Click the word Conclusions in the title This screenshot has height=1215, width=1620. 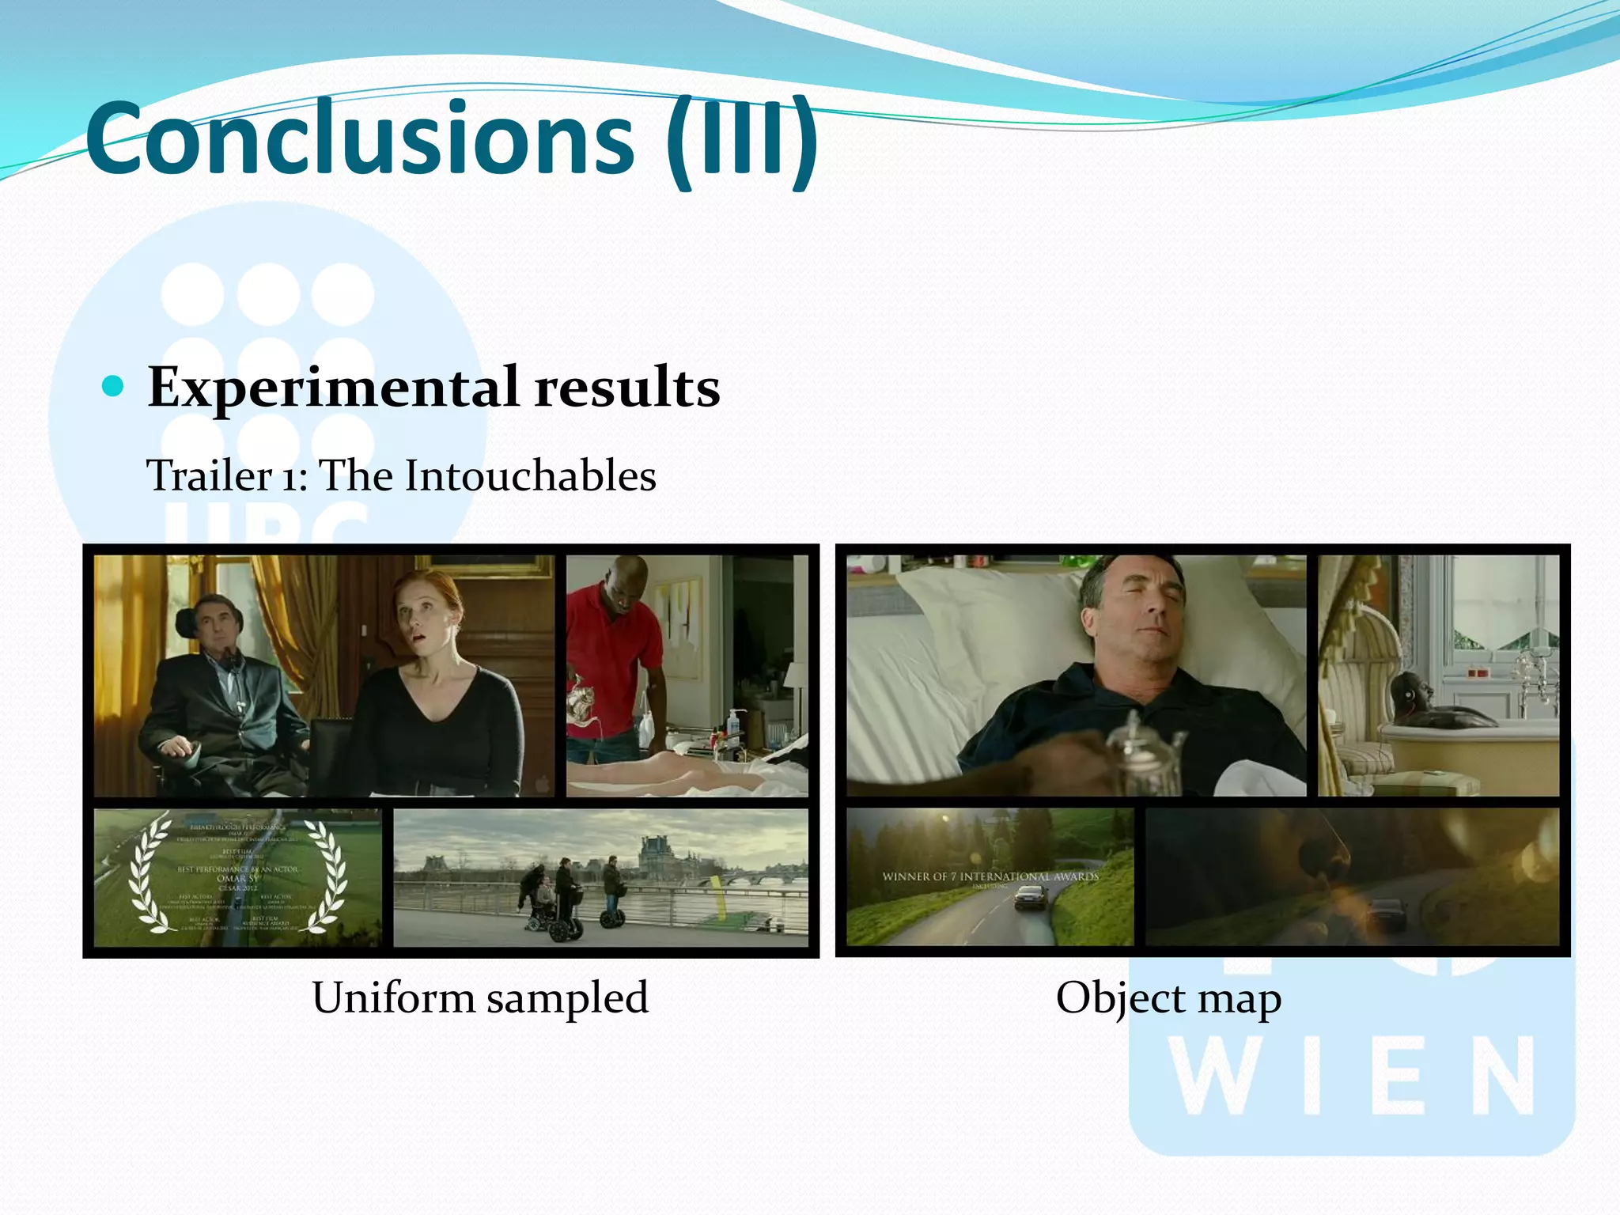[360, 138]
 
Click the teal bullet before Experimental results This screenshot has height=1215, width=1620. [114, 386]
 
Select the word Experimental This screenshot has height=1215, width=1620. [333, 388]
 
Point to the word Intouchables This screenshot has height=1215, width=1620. [530, 476]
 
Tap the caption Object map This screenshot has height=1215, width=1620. [1168, 998]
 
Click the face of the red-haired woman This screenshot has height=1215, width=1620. [428, 614]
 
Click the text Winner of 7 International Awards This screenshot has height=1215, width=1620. [990, 876]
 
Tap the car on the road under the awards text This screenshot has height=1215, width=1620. [1031, 898]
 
